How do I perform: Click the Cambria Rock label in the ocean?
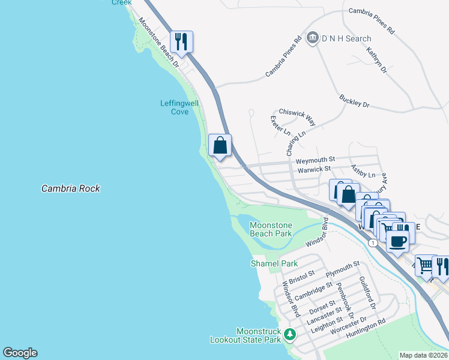click(70, 188)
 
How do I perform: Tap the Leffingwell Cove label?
click(179, 107)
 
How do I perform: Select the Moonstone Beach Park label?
click(271, 229)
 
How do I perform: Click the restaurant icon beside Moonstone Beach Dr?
click(181, 41)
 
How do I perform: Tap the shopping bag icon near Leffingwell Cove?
click(220, 145)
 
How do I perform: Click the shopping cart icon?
click(424, 265)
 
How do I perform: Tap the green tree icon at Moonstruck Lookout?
click(290, 335)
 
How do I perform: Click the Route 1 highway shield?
click(373, 242)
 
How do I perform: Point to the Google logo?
click(20, 353)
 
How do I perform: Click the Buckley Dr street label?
click(354, 101)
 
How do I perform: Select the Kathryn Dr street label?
click(377, 61)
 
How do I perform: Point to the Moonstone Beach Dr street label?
click(159, 41)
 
